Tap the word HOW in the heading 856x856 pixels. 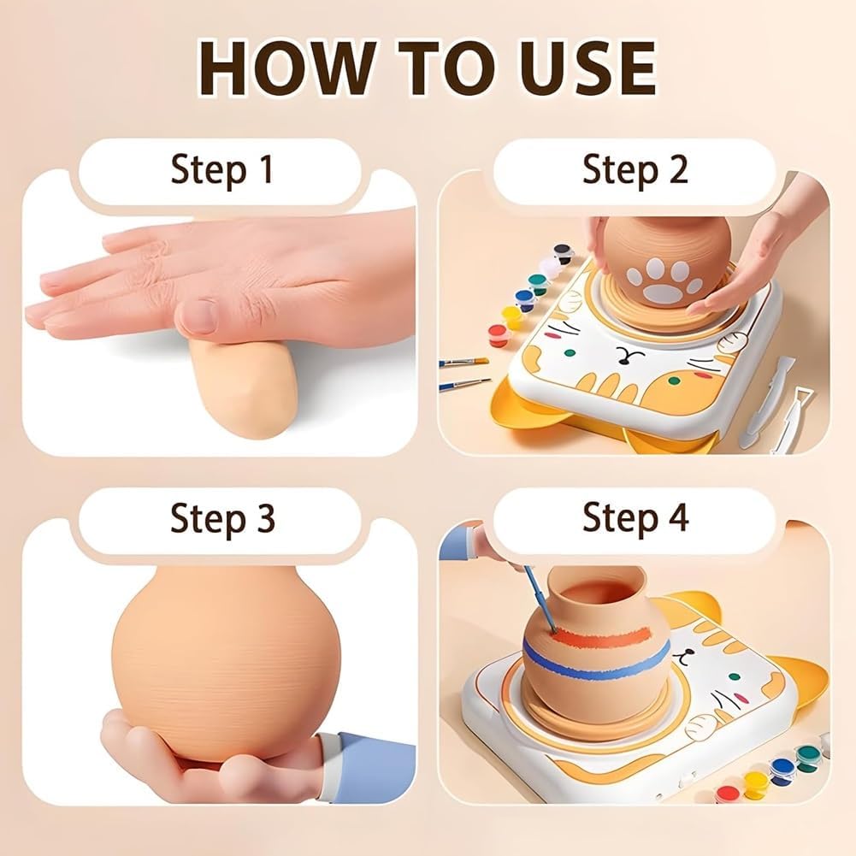(287, 68)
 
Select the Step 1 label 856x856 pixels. (221, 170)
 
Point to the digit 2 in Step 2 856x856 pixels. (677, 168)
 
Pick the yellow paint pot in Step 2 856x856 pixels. (512, 316)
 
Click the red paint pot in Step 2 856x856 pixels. (498, 334)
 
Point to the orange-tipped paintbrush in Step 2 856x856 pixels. (464, 362)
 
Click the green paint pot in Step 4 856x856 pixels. (807, 758)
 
